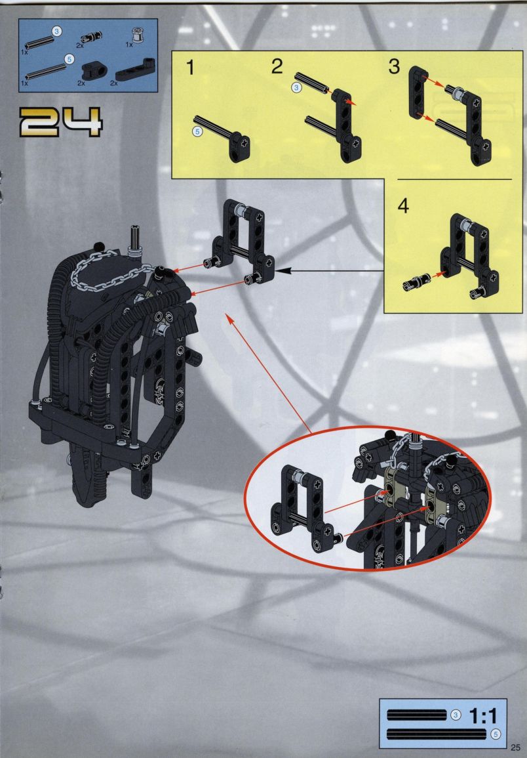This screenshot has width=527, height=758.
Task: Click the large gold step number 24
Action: (60, 122)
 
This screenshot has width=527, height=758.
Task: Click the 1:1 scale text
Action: (484, 715)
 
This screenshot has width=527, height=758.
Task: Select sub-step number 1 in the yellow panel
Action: (191, 68)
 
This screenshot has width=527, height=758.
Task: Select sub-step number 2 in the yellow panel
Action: (277, 67)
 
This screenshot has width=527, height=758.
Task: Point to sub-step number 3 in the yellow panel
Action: (395, 67)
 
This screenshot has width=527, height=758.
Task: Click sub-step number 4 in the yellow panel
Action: (403, 206)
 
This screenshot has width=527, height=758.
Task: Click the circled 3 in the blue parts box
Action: (57, 32)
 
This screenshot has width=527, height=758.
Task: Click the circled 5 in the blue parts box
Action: (69, 60)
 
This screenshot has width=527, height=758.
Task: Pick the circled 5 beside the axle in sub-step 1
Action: (197, 131)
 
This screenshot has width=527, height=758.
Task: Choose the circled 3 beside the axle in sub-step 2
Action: (296, 87)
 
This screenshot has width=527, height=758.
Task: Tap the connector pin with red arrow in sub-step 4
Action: (416, 282)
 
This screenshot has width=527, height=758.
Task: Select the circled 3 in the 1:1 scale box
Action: (456, 715)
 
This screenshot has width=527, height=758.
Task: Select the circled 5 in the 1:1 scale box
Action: (496, 734)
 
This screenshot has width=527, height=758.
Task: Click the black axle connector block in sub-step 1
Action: (240, 148)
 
